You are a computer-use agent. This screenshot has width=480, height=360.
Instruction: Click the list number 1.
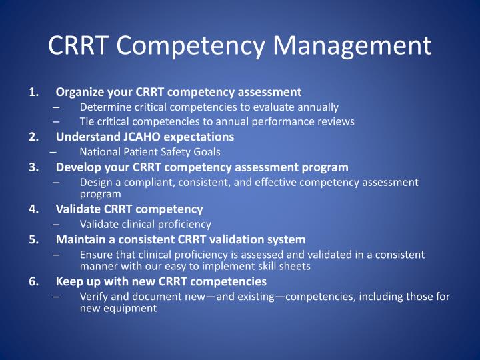point(33,92)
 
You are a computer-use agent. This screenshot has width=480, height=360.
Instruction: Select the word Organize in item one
point(79,92)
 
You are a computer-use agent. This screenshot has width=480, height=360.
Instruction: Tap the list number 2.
point(33,137)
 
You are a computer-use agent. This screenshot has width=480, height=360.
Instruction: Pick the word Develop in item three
point(77,167)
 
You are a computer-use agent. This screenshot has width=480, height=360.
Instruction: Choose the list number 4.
point(33,209)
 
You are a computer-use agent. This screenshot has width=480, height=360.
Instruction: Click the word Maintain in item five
point(79,239)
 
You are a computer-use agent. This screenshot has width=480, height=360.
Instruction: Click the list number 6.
point(33,281)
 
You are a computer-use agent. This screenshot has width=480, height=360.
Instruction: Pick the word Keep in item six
point(69,281)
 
